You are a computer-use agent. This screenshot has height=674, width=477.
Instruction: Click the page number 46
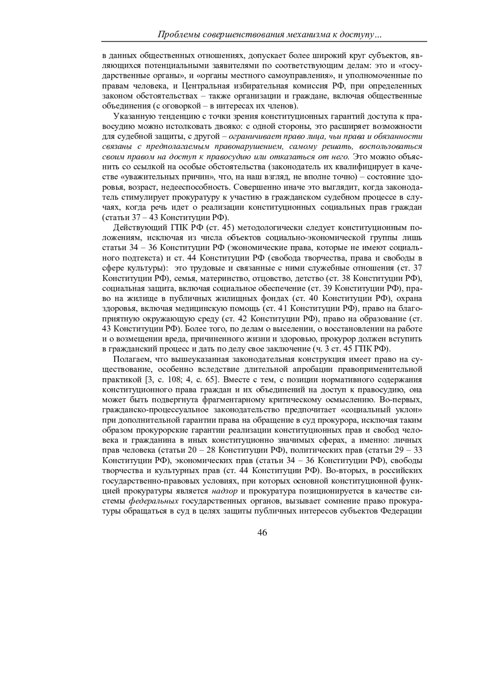tap(262, 533)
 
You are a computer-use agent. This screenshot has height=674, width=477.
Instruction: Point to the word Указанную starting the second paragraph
tap(133, 116)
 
